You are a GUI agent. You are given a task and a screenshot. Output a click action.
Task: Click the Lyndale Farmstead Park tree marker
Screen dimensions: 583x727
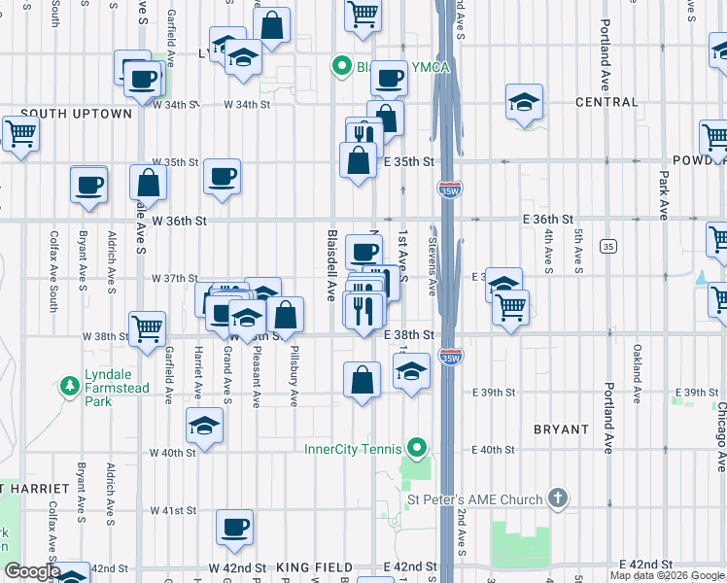click(70, 387)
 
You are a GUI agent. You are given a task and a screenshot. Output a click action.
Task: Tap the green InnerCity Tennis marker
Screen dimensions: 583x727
click(417, 448)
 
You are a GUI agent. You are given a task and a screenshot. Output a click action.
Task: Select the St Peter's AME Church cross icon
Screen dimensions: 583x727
click(558, 498)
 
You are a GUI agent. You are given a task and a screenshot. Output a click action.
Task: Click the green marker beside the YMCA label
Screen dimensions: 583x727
click(341, 66)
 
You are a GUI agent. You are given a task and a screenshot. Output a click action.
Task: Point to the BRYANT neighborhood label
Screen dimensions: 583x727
click(561, 429)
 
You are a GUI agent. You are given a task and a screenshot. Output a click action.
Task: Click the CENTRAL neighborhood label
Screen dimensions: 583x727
click(606, 101)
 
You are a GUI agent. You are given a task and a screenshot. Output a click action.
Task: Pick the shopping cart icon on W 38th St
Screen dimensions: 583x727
click(147, 327)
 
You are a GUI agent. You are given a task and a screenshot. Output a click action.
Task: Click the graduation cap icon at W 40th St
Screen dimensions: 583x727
click(204, 425)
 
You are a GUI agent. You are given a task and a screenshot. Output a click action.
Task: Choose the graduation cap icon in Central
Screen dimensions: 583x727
click(524, 101)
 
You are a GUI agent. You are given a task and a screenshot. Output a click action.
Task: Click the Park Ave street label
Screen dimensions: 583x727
click(663, 196)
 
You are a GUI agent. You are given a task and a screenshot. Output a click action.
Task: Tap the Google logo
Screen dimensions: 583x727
click(31, 572)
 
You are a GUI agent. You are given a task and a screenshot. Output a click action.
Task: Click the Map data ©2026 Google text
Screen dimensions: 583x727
click(667, 575)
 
